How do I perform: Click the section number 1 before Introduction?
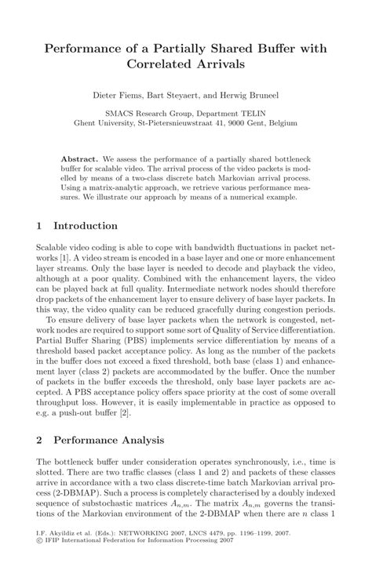click(x=39, y=227)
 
